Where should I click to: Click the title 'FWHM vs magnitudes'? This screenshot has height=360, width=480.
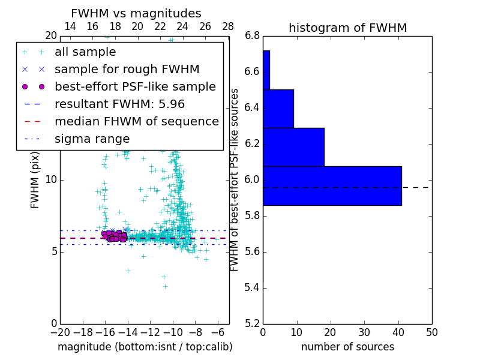(136, 14)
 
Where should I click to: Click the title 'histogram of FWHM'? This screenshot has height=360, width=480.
(347, 28)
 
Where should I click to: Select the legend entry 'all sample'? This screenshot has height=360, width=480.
(85, 52)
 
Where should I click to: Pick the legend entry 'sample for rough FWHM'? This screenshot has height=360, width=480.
(127, 70)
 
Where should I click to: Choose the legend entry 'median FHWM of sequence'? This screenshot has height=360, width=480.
(136, 122)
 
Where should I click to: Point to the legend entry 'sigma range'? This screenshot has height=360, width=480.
(92, 139)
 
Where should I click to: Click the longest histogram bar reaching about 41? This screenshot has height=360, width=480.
(332, 185)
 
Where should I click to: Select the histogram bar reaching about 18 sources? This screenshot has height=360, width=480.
(293, 147)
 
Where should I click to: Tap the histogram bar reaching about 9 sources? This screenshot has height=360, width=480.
(278, 109)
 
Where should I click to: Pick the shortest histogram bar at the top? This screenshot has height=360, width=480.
(266, 70)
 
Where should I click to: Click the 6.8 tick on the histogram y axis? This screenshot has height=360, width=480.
(252, 36)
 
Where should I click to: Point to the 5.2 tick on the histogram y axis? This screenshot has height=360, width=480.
(252, 323)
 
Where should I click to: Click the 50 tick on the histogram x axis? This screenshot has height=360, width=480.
(431, 332)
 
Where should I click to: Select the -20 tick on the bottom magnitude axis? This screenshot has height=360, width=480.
(60, 332)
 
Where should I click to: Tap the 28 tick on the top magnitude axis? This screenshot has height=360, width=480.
(228, 26)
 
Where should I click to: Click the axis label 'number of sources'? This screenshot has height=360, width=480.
(347, 347)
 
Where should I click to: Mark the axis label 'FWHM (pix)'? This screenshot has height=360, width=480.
(35, 180)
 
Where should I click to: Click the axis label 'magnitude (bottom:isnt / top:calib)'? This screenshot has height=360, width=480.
(145, 347)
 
